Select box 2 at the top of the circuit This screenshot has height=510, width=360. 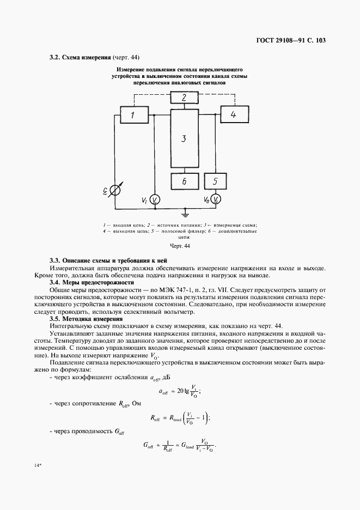(184, 98)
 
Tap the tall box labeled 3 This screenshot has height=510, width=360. (184, 138)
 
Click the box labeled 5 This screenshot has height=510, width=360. (216, 181)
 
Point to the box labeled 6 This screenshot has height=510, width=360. (184, 181)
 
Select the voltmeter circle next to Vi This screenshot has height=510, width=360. (155, 200)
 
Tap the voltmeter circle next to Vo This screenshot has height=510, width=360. (216, 200)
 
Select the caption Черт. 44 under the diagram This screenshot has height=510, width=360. (179, 246)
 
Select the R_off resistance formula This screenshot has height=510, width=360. (180, 418)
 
